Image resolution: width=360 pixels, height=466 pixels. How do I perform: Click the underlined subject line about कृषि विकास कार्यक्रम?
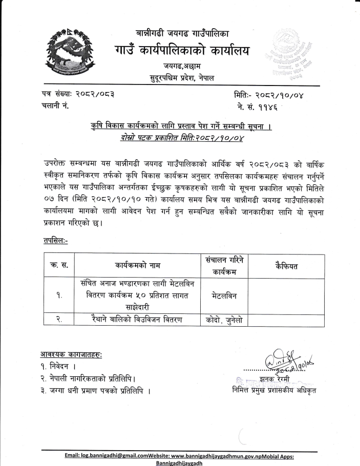tap(179, 125)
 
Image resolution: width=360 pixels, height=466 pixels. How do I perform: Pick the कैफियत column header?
tap(286, 266)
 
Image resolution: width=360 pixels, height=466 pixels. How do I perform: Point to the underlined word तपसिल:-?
tap(56, 241)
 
